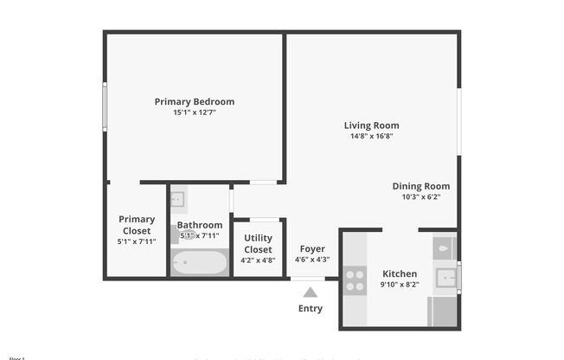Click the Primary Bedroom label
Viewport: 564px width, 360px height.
194,101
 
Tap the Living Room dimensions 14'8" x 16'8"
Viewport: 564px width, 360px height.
371,136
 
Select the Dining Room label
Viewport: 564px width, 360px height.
421,186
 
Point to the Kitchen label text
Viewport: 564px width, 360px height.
400,273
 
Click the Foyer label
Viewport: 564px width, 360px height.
311,249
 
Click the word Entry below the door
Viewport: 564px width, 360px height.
311,308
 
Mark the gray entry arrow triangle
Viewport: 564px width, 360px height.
311,292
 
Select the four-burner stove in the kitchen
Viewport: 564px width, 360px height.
355,279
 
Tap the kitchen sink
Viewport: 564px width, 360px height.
445,279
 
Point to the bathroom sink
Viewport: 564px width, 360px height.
177,200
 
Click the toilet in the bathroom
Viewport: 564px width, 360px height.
183,234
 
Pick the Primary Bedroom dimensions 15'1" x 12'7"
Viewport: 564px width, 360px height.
194,112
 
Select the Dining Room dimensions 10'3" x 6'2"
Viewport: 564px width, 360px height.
421,197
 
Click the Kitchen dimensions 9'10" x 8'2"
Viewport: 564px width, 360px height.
400,285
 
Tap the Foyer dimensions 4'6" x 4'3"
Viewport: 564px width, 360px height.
311,260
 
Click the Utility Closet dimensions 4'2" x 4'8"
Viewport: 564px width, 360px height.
259,260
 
